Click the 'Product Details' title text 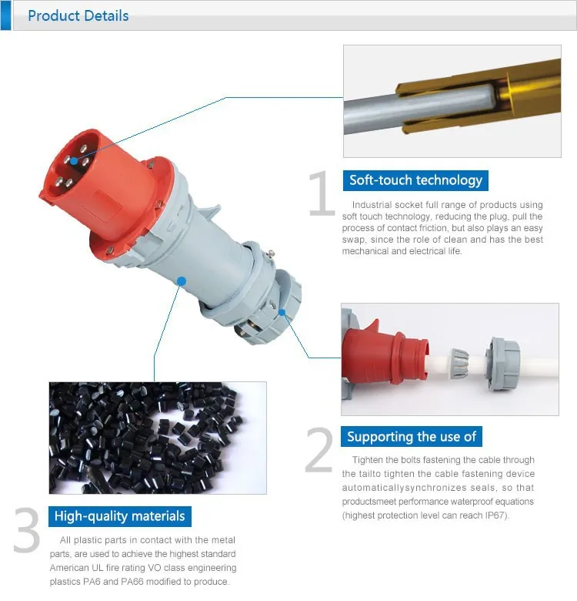78,15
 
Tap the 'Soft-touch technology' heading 415,180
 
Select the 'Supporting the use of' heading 412,437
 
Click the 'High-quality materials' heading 120,516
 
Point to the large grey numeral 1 322,193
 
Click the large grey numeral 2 319,450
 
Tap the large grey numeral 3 27,530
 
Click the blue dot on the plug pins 74,161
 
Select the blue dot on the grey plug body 182,281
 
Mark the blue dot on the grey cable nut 282,312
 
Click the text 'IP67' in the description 495,515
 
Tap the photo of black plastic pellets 158,438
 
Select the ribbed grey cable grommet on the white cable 459,364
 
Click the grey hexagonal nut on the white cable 503,364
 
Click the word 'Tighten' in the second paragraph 367,459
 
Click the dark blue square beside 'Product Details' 5,15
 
